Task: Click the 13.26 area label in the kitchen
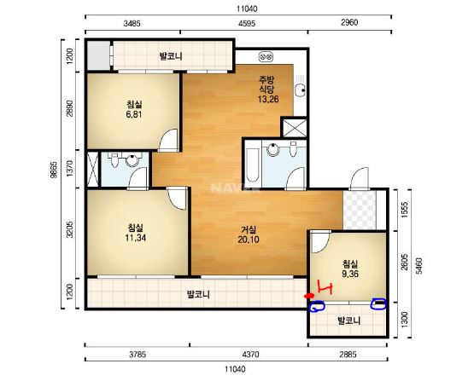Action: click(268, 99)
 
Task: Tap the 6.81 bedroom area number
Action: click(134, 114)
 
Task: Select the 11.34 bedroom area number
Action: click(136, 238)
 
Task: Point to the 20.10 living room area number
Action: click(249, 240)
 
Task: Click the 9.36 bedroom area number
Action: click(350, 274)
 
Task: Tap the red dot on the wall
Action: click(308, 296)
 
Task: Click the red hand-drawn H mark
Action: click(325, 287)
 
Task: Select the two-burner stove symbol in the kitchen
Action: click(266, 57)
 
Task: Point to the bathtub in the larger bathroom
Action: click(253, 165)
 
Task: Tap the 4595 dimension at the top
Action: click(246, 23)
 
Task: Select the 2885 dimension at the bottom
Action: click(348, 354)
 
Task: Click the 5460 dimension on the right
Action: click(419, 266)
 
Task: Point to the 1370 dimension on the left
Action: click(70, 169)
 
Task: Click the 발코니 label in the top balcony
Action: click(171, 56)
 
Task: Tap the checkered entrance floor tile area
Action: click(360, 210)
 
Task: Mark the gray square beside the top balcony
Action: click(98, 55)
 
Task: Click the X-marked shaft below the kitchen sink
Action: click(294, 127)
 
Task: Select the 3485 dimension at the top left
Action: click(132, 23)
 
